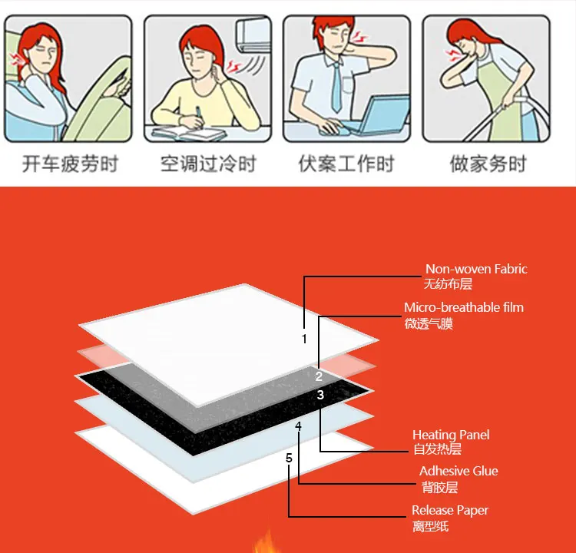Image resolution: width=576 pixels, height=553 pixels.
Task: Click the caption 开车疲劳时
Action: coord(70,164)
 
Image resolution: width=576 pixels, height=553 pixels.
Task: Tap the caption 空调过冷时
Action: coord(208,164)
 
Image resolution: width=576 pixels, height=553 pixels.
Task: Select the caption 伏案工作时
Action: coord(346,164)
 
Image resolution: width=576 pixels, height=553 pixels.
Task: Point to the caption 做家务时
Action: coord(488,164)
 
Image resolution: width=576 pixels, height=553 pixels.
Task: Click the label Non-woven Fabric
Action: coord(476,269)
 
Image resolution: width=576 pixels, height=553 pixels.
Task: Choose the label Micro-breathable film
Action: coord(464,307)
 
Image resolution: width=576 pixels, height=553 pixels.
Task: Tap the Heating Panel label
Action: coord(451,435)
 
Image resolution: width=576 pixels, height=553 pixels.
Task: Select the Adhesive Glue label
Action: coord(458,471)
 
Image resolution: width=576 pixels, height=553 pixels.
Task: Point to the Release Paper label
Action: coord(450,510)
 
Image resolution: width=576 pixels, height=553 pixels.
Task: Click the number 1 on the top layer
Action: coord(304,339)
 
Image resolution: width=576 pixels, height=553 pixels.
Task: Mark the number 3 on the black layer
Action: coord(320,395)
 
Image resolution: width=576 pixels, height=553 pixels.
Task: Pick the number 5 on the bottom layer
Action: coord(289,459)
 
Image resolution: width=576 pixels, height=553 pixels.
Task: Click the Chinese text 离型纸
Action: coord(431,526)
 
